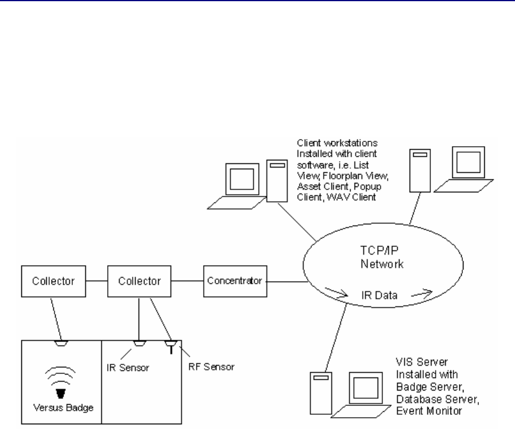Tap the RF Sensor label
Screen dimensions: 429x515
(213, 367)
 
